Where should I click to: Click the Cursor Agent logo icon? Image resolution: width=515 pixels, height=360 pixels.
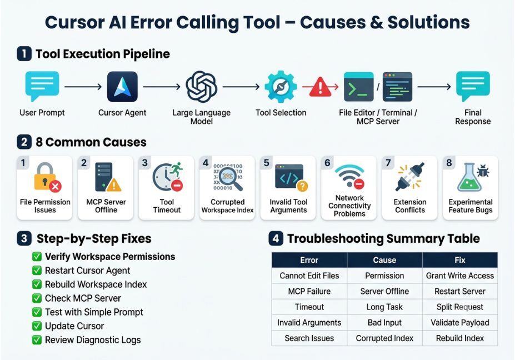pyautogui.click(x=122, y=87)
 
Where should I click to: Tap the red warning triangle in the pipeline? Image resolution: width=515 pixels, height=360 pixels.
pyautogui.click(x=320, y=87)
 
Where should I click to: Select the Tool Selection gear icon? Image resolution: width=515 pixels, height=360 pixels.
pyautogui.click(x=281, y=86)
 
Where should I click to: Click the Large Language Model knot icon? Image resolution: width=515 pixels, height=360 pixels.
pyautogui.click(x=201, y=87)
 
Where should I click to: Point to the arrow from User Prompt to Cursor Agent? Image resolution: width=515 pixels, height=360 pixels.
pyautogui.click(x=83, y=87)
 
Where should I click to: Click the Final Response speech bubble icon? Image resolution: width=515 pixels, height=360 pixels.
pyautogui.click(x=473, y=86)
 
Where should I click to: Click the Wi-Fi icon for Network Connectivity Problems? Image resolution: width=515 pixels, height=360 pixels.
pyautogui.click(x=350, y=176)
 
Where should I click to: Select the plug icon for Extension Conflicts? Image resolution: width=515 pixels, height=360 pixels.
pyautogui.click(x=410, y=177)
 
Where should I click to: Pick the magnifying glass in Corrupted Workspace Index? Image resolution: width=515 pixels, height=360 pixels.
pyautogui.click(x=230, y=178)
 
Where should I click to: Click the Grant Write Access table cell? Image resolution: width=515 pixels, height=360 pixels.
pyautogui.click(x=460, y=276)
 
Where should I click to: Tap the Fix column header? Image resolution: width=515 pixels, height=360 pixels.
pyautogui.click(x=460, y=260)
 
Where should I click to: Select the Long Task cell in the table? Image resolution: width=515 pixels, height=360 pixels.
pyautogui.click(x=384, y=307)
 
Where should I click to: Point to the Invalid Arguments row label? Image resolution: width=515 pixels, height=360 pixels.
pyautogui.click(x=309, y=323)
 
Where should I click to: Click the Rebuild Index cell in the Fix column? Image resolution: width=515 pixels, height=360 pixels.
pyautogui.click(x=460, y=338)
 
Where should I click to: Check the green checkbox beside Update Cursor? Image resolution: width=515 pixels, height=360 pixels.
pyautogui.click(x=37, y=326)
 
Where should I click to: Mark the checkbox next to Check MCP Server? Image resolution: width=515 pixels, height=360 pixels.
pyautogui.click(x=37, y=298)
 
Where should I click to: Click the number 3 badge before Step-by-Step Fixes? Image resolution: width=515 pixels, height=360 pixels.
pyautogui.click(x=24, y=238)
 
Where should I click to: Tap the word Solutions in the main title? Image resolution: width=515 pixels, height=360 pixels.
pyautogui.click(x=429, y=22)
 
